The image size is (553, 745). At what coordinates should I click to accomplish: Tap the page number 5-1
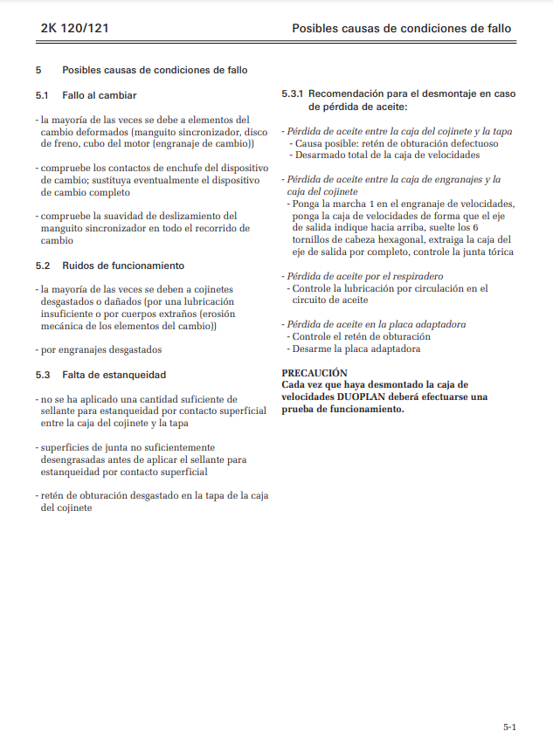click(x=509, y=727)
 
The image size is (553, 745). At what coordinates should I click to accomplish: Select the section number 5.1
click(x=42, y=94)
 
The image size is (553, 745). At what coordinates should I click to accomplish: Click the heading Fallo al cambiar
click(x=100, y=94)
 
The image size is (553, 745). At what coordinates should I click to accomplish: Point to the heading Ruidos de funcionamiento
click(x=122, y=265)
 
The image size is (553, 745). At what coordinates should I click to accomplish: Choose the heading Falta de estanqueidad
click(x=114, y=375)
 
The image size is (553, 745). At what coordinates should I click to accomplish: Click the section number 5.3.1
click(x=293, y=93)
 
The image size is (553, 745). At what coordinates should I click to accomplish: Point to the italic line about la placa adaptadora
click(x=376, y=324)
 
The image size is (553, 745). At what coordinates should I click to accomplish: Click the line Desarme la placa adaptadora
click(x=356, y=348)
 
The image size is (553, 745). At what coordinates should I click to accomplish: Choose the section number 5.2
click(x=42, y=265)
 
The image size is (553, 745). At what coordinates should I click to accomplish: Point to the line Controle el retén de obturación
click(x=361, y=336)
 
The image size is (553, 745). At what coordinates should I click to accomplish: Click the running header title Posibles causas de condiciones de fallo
click(x=401, y=29)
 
